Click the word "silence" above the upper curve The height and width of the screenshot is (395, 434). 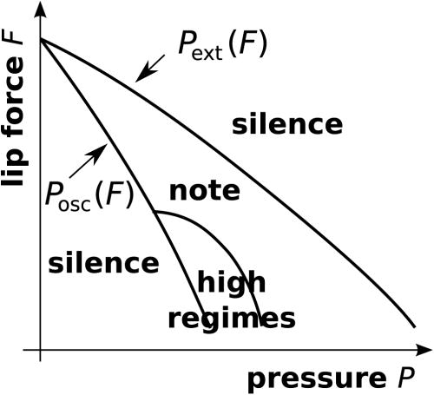(286, 124)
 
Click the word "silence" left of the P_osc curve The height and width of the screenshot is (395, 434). (103, 262)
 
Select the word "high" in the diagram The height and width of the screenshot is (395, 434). (232, 283)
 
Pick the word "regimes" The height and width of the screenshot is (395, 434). (232, 319)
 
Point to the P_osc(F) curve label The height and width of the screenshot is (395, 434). (88, 193)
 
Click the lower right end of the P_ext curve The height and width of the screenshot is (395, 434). (413, 328)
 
